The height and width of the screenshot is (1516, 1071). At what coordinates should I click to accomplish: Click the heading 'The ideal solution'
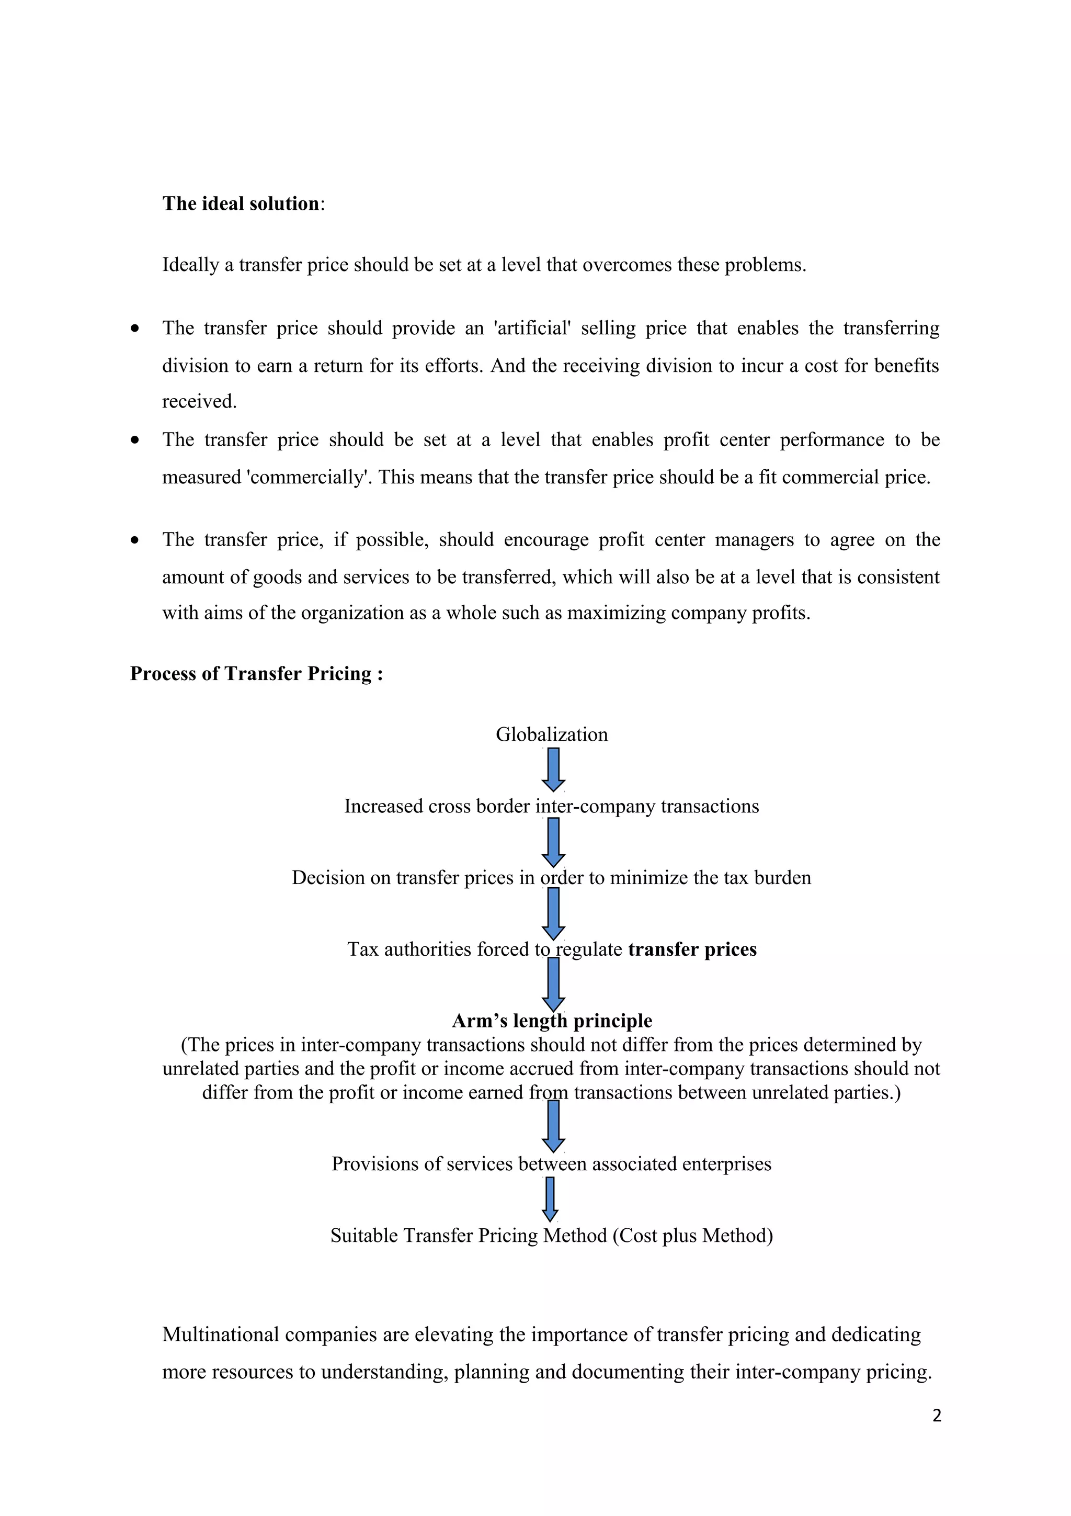click(241, 203)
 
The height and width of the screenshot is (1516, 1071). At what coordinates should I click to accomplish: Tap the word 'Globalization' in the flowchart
click(552, 734)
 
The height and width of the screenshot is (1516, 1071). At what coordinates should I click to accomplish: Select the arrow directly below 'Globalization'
click(553, 769)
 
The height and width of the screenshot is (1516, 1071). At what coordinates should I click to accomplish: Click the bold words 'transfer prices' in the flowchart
click(692, 949)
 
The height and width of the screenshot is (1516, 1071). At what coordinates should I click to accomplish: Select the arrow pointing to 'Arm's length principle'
click(553, 985)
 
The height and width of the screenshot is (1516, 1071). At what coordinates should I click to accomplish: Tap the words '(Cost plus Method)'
click(692, 1236)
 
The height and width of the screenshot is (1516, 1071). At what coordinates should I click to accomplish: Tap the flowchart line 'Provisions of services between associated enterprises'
click(551, 1163)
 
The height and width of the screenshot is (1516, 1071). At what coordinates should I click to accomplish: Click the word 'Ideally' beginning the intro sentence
click(191, 265)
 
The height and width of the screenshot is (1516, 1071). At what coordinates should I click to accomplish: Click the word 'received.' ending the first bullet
click(199, 401)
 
